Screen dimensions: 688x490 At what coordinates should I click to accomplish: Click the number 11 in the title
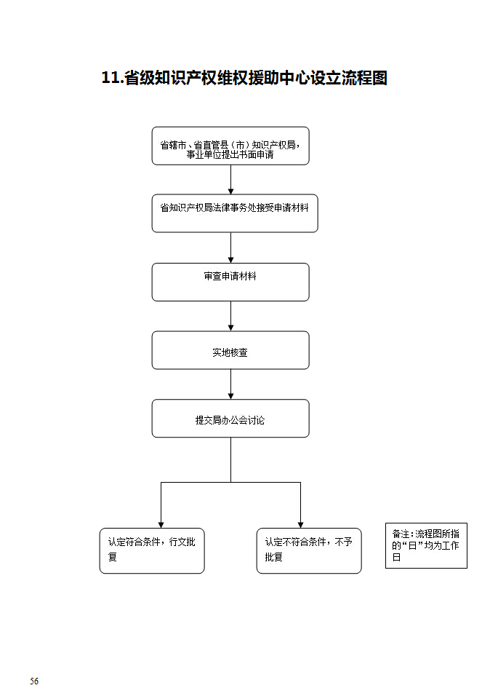coord(110,79)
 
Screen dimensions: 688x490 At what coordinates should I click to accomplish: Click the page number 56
coord(34,681)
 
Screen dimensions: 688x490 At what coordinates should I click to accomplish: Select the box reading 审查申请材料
coord(230,282)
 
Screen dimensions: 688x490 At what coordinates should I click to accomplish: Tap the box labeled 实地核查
coord(230,350)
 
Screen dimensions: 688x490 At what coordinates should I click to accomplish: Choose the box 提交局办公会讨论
coord(230,419)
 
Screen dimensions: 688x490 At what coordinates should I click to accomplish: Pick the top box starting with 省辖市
coord(230,146)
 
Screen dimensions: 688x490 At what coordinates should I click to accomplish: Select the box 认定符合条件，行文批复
coord(152,550)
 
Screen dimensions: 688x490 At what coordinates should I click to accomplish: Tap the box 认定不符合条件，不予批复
coord(308,550)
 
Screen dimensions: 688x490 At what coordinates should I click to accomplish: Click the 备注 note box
coord(426,545)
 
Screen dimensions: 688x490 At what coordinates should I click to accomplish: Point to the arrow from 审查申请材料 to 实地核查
coord(231,316)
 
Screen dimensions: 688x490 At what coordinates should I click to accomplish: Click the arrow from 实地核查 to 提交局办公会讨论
coord(231,384)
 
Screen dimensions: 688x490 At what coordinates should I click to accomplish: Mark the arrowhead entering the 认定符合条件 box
coord(161,524)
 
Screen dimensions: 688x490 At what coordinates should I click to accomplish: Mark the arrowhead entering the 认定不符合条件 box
coord(300,524)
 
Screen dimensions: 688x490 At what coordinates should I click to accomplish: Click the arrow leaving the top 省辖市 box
coord(231,179)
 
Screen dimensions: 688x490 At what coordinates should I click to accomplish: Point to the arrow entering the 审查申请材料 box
coord(231,248)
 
